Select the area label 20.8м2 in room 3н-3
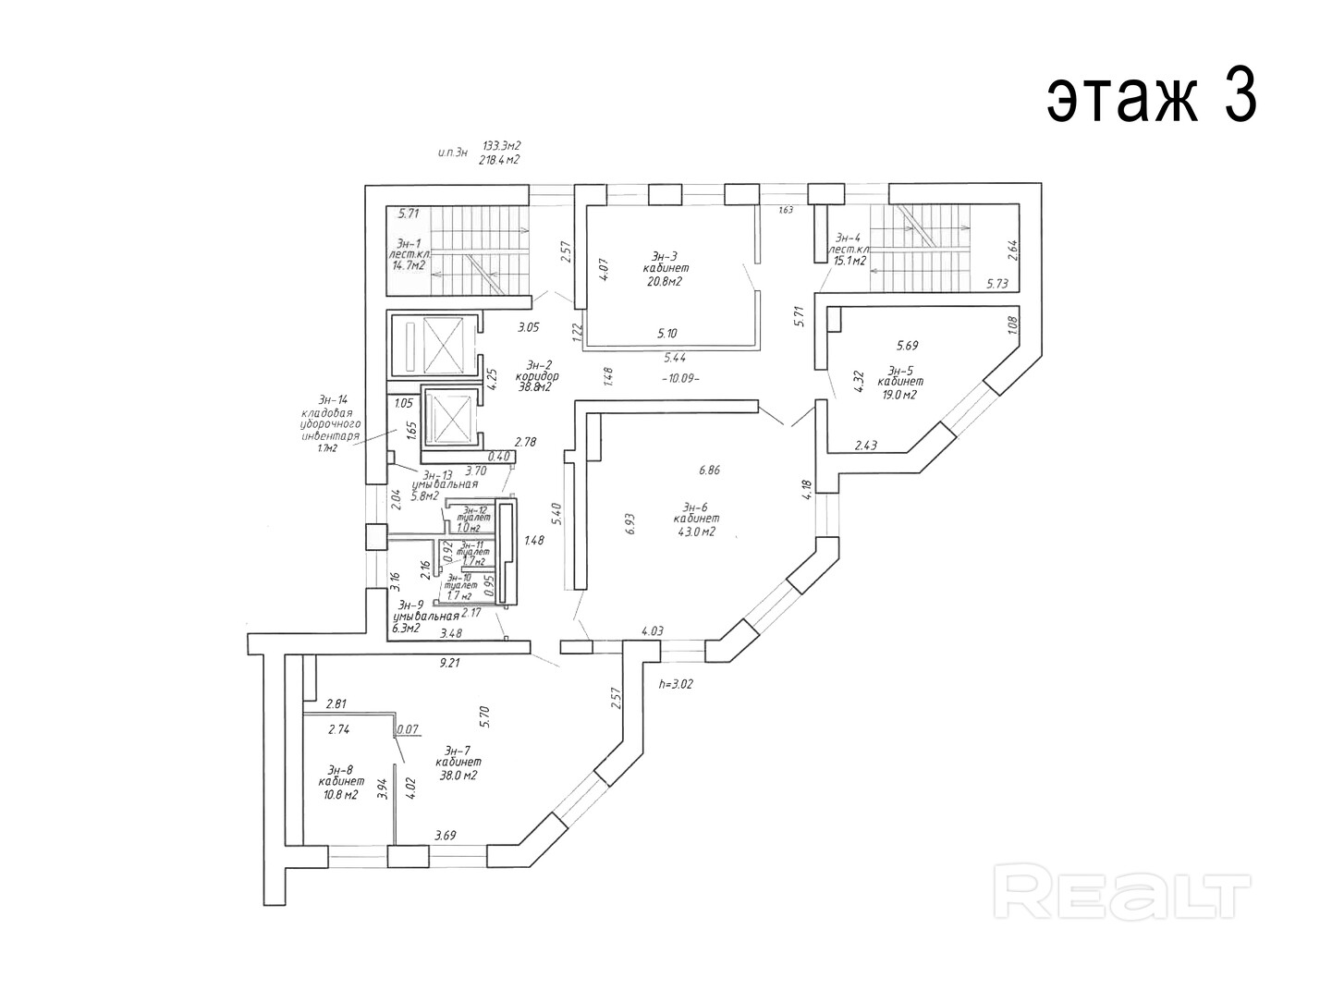664,282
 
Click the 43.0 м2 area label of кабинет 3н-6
695,531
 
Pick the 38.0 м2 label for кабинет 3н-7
458,776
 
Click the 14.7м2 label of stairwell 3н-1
409,264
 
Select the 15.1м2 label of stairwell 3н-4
848,262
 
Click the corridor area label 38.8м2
533,388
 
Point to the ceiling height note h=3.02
676,685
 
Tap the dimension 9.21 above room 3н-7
450,663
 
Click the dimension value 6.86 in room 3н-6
709,470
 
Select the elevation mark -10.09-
681,377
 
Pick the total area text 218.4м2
499,159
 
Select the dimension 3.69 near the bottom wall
446,837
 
